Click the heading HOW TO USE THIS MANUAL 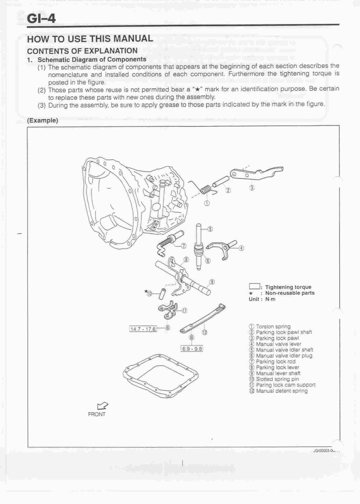[90, 39]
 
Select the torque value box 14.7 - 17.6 [143, 329]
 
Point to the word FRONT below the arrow [97, 415]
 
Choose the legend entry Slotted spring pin [277, 379]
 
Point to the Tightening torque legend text [288, 287]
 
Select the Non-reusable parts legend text [290, 293]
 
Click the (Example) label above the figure [42, 120]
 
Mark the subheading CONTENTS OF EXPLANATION [82, 51]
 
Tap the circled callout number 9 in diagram [212, 282]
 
